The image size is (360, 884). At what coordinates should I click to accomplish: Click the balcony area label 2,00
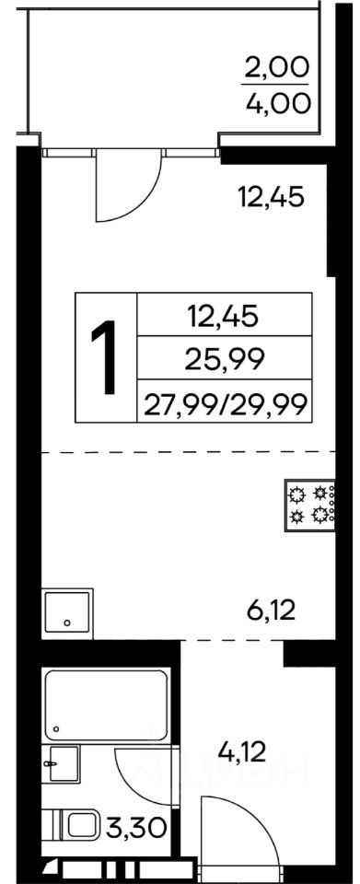pyautogui.click(x=276, y=69)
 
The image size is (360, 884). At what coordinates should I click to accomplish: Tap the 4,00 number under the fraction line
pyautogui.click(x=276, y=103)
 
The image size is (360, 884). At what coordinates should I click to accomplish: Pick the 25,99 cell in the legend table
pyautogui.click(x=225, y=359)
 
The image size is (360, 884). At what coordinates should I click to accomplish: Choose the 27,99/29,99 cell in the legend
pyautogui.click(x=225, y=403)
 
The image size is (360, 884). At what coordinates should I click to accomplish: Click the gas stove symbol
pyautogui.click(x=310, y=506)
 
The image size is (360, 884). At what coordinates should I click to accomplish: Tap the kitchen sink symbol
pyautogui.click(x=67, y=613)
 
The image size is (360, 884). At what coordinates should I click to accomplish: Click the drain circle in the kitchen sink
pyautogui.click(x=67, y=623)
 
